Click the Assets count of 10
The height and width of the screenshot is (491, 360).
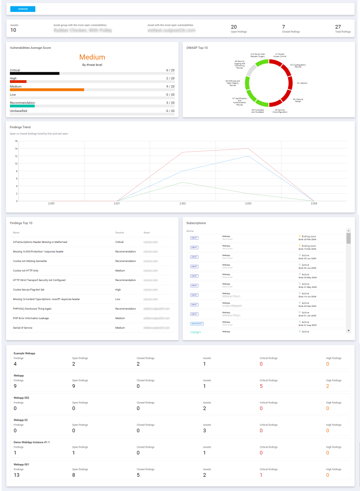point(13,30)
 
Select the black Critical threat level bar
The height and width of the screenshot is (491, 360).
point(35,73)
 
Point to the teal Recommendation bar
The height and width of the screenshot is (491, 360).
point(22,106)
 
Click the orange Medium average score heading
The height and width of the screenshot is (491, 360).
point(92,57)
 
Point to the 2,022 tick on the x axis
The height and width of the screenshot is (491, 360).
point(183,204)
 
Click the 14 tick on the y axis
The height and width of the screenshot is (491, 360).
point(16,148)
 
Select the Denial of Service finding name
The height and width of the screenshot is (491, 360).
point(23,328)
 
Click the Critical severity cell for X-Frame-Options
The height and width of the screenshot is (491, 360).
point(119,242)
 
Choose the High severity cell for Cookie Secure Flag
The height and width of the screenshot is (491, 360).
point(118,290)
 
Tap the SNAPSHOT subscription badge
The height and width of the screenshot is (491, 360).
point(197,323)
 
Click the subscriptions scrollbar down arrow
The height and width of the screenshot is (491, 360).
point(348,330)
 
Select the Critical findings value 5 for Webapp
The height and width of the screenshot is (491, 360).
point(261,386)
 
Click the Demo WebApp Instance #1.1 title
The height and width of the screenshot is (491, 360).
point(32,442)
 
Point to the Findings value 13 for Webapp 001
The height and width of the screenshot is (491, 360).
point(16,475)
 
